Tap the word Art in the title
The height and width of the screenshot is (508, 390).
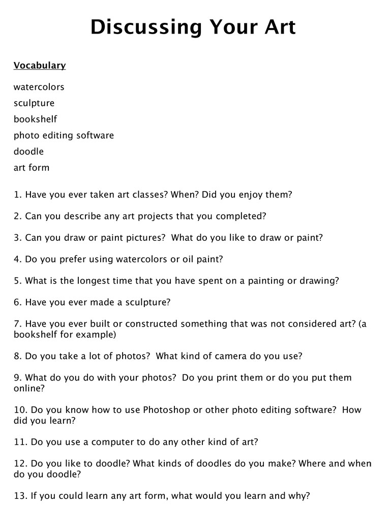pos(275,27)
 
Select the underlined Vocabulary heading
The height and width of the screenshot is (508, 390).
pos(40,66)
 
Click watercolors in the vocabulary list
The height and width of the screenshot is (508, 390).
pos(39,87)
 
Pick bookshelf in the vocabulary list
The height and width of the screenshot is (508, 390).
pos(35,119)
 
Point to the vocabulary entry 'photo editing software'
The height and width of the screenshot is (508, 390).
pos(64,136)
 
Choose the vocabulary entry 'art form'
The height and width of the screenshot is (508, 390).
pos(32,168)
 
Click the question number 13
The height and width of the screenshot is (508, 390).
pos(20,495)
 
